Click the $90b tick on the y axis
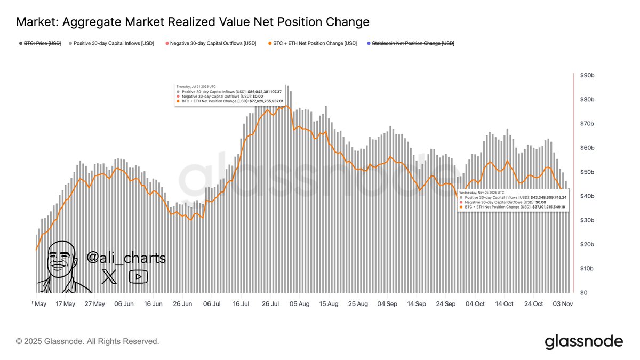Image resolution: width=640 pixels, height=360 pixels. tap(587, 76)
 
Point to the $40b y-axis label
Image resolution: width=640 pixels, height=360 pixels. tap(587, 196)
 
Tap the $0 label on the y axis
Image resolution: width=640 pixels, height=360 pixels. tap(584, 293)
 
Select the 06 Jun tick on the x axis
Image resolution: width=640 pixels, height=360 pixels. tap(124, 304)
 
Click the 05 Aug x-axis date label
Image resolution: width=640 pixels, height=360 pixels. tap(300, 304)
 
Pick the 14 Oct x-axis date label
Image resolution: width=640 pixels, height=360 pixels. tap(504, 304)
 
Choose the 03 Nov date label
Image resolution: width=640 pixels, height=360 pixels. tap(563, 304)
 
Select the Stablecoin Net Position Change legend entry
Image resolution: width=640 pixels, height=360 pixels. tap(413, 43)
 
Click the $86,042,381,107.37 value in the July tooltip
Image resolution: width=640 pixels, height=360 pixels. tap(265, 92)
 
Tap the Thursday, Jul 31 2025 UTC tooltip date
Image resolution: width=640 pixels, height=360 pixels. tap(196, 86)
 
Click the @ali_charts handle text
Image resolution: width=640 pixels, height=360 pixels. tap(126, 258)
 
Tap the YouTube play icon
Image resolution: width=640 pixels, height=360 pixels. tap(138, 276)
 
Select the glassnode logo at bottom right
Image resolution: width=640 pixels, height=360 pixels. tap(583, 341)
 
